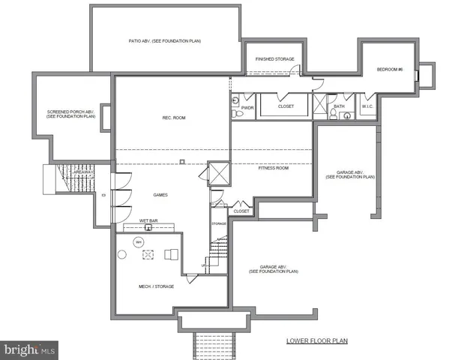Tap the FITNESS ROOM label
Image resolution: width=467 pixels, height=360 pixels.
coord(274,168)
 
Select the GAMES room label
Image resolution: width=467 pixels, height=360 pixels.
coord(160,195)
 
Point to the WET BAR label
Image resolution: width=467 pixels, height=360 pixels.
coord(148,220)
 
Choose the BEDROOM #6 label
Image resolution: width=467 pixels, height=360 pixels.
coord(390,70)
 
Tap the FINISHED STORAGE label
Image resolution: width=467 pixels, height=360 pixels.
coord(274,58)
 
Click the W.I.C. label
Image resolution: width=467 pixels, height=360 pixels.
coord(367,106)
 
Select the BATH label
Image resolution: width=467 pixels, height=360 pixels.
coord(340,106)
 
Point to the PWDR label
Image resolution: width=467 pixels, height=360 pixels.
coord(247,107)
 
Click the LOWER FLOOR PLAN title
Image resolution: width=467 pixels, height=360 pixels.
coord(316,340)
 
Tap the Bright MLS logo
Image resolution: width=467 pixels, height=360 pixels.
coord(30,349)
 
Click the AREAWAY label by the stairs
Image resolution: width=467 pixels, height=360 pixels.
coord(82,172)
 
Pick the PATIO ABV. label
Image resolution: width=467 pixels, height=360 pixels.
coord(163,40)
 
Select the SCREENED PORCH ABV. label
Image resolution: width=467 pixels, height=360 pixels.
coord(71,114)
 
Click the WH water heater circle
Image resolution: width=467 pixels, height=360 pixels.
coord(139,241)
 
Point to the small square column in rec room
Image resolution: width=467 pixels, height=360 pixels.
coord(183,161)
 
